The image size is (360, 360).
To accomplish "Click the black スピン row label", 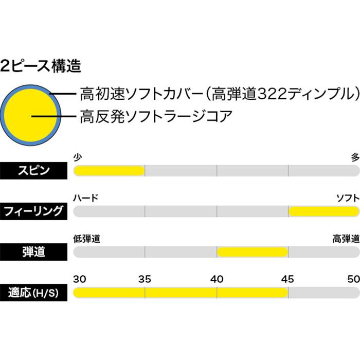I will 33,170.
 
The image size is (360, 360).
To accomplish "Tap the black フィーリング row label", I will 33,211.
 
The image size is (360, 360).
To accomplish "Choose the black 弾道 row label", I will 33,252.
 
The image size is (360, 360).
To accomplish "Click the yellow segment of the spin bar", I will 109,170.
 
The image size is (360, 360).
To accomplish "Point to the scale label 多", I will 355,158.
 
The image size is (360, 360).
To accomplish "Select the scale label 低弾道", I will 86,239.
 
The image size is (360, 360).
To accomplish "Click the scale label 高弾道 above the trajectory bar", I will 346,239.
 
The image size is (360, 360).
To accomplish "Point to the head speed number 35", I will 145,279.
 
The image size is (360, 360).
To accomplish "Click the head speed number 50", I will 353,279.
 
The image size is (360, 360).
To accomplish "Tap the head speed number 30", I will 80,279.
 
